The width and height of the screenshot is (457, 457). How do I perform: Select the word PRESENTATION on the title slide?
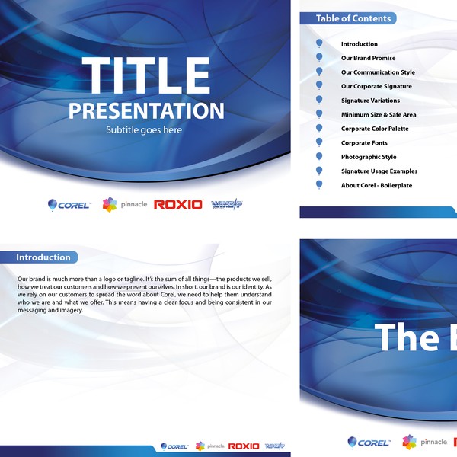(146, 110)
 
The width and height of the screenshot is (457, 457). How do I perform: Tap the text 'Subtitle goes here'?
(144, 130)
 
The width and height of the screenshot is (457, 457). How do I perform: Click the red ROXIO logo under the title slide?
(178, 204)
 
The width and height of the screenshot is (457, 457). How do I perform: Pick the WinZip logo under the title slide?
(226, 204)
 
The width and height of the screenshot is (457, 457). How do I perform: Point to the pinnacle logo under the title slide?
(124, 204)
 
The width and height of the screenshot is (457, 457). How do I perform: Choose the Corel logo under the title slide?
(69, 204)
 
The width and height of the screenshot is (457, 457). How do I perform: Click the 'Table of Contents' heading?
(353, 18)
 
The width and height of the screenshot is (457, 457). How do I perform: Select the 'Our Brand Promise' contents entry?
(368, 58)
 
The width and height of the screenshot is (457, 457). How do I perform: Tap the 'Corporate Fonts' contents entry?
(364, 143)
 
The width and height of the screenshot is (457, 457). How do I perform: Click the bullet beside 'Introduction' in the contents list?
(319, 44)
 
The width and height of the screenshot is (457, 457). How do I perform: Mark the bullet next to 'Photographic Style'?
(319, 157)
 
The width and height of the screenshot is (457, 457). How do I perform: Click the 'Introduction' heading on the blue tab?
(43, 257)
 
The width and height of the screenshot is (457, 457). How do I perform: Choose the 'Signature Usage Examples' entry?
(379, 171)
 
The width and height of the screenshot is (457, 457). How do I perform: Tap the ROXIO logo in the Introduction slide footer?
(244, 446)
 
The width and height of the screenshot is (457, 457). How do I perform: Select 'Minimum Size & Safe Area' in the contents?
(379, 115)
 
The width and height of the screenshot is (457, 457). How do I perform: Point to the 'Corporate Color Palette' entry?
(375, 129)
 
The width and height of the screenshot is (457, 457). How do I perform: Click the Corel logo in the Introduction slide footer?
(174, 446)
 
